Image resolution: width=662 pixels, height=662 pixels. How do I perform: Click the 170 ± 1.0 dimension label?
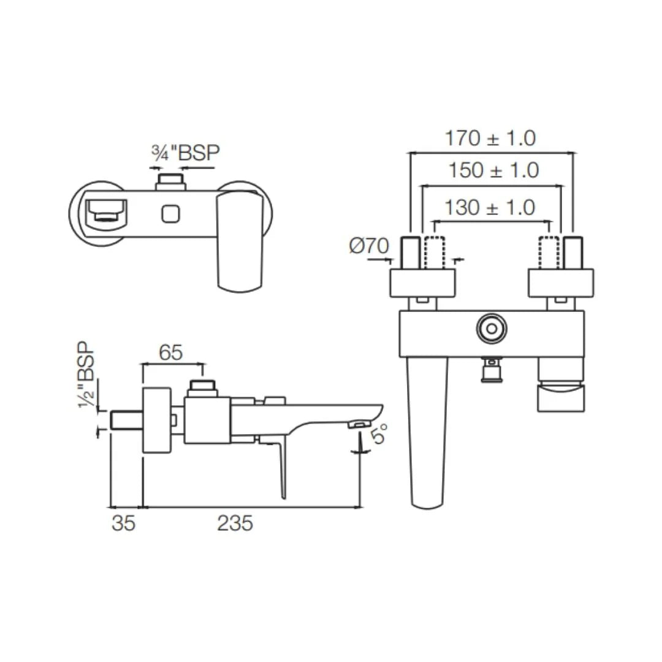point(490,139)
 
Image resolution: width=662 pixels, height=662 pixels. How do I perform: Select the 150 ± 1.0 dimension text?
point(493,170)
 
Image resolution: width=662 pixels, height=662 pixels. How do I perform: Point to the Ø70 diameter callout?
point(369,246)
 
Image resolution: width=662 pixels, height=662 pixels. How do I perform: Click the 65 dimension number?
point(171,352)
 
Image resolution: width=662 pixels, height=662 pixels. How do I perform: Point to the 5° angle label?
point(378,435)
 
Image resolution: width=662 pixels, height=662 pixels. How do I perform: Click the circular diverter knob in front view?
point(491,329)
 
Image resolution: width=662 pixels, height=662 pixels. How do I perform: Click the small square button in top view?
point(171,214)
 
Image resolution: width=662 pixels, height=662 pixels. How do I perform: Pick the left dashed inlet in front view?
point(432,252)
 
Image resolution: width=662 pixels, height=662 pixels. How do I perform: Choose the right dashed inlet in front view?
point(549,252)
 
